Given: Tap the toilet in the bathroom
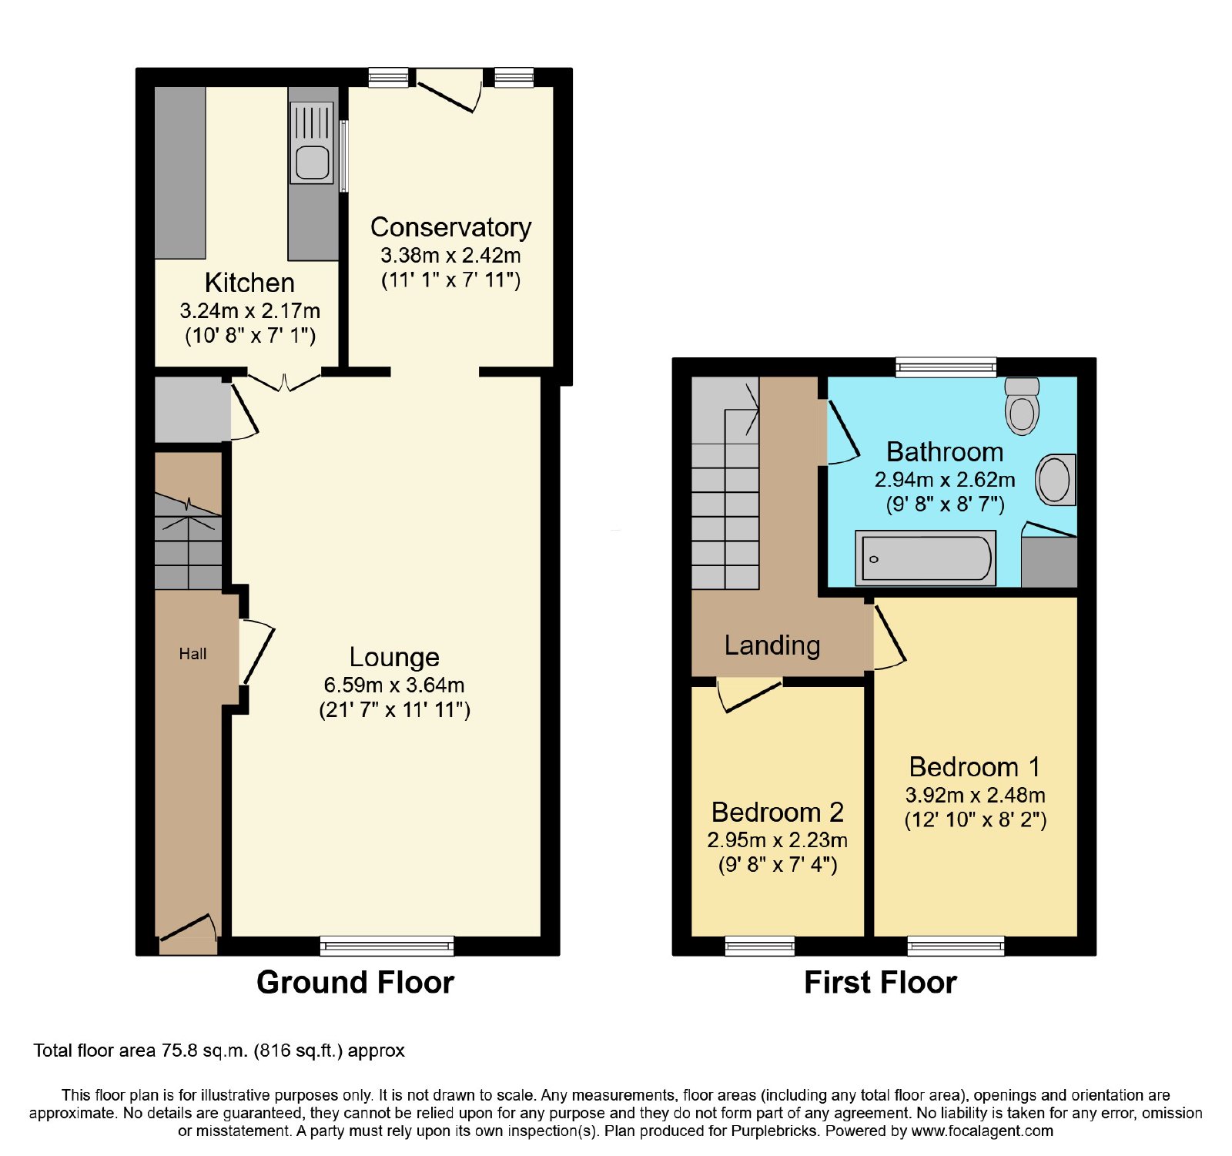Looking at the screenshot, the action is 1022,406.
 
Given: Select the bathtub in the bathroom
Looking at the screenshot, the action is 926,558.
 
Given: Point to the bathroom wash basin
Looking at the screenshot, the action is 1055,480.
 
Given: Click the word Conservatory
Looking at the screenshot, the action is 450,227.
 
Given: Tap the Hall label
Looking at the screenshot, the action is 192,654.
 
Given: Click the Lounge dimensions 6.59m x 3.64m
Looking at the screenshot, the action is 394,685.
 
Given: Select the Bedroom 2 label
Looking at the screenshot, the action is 778,812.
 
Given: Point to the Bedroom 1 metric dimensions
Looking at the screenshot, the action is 975,795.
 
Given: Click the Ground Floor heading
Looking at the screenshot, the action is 355,983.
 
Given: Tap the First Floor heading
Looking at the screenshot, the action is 880,983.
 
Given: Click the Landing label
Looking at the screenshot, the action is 772,645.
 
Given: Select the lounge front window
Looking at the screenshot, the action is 387,946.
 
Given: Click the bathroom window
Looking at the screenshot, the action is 946,367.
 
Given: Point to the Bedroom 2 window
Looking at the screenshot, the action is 760,946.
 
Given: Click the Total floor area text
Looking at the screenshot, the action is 219,1050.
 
